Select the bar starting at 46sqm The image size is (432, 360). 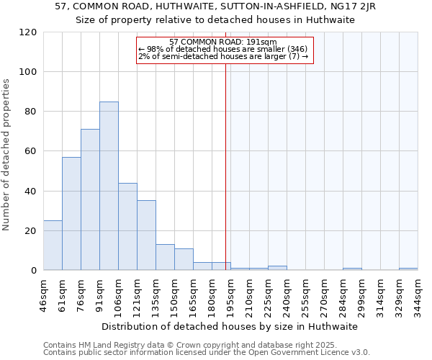click(53, 246)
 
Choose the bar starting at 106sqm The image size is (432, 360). click(127, 227)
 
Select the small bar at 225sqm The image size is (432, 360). click(277, 268)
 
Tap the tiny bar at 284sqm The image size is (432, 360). click(352, 269)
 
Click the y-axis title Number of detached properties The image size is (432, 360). click(7, 155)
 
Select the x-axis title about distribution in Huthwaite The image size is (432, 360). click(230, 326)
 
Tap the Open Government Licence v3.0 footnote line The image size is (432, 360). click(207, 353)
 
